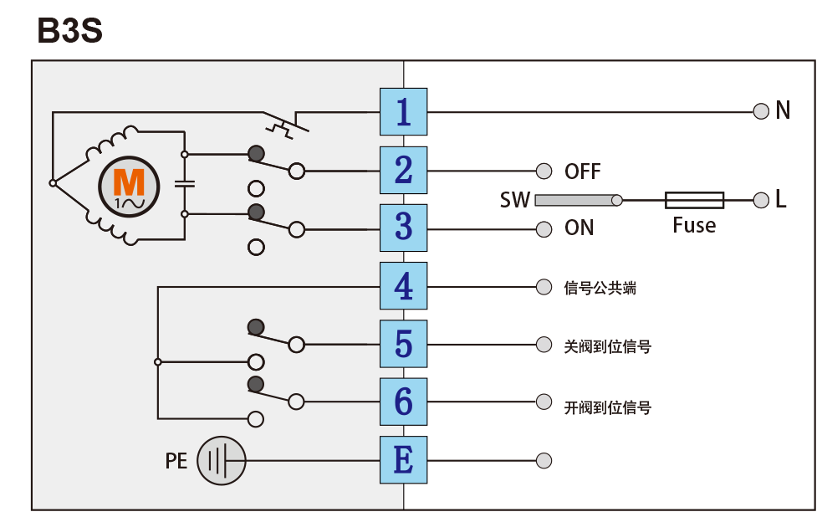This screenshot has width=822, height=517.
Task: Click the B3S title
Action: [69, 30]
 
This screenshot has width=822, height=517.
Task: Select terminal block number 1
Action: [404, 112]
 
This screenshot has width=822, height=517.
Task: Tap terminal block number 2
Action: [404, 171]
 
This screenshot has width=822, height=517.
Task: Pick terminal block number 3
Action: [404, 228]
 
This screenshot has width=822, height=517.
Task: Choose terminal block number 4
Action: [404, 286]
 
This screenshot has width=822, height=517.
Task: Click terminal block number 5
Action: [404, 344]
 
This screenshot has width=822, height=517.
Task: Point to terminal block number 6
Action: [404, 402]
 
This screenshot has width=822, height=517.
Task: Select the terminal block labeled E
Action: [404, 460]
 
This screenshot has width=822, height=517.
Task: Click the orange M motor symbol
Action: [129, 187]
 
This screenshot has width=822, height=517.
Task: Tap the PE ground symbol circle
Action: [222, 461]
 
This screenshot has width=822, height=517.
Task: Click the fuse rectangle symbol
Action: [695, 200]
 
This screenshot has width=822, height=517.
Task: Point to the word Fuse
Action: [694, 226]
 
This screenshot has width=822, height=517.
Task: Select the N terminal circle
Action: [761, 111]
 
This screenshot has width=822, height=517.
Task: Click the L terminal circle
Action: [761, 200]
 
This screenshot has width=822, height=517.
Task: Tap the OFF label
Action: [583, 171]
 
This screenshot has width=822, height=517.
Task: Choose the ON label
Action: [579, 228]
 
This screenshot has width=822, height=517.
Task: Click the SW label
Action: [515, 200]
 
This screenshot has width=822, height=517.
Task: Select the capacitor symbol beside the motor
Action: [185, 184]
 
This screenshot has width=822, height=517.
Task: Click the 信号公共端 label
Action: [600, 288]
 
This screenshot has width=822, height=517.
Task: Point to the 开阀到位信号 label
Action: [608, 407]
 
